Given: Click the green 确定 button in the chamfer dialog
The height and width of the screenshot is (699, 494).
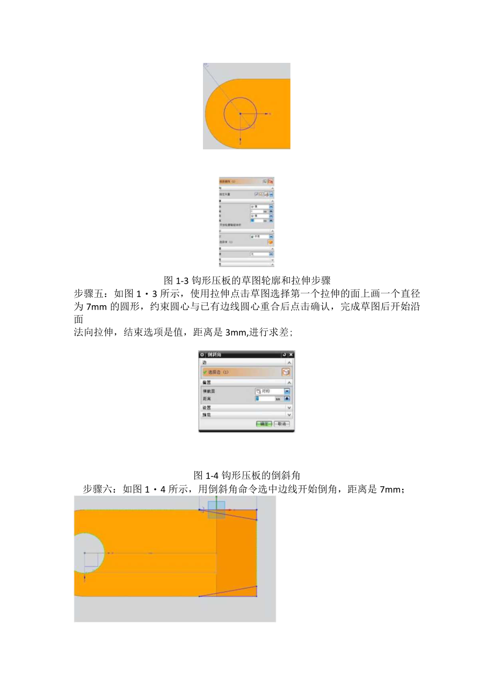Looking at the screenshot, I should pyautogui.click(x=264, y=424).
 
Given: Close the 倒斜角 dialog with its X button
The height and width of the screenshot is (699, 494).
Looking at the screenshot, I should pyautogui.click(x=290, y=355).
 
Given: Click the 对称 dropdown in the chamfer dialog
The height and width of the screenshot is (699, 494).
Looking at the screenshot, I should pyautogui.click(x=272, y=391).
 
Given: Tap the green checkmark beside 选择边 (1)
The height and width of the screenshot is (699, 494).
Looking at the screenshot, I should pyautogui.click(x=205, y=372).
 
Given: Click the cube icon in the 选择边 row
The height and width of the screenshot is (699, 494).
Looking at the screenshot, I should pyautogui.click(x=286, y=372).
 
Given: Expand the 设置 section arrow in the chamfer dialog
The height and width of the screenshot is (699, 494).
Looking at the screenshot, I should pyautogui.click(x=289, y=408).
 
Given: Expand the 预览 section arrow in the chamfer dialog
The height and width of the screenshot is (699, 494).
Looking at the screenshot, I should pyautogui.click(x=289, y=415).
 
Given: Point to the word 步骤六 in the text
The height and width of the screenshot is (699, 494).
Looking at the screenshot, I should pyautogui.click(x=98, y=489).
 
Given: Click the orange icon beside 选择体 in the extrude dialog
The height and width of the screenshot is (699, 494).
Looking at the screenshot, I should pyautogui.click(x=270, y=242).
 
